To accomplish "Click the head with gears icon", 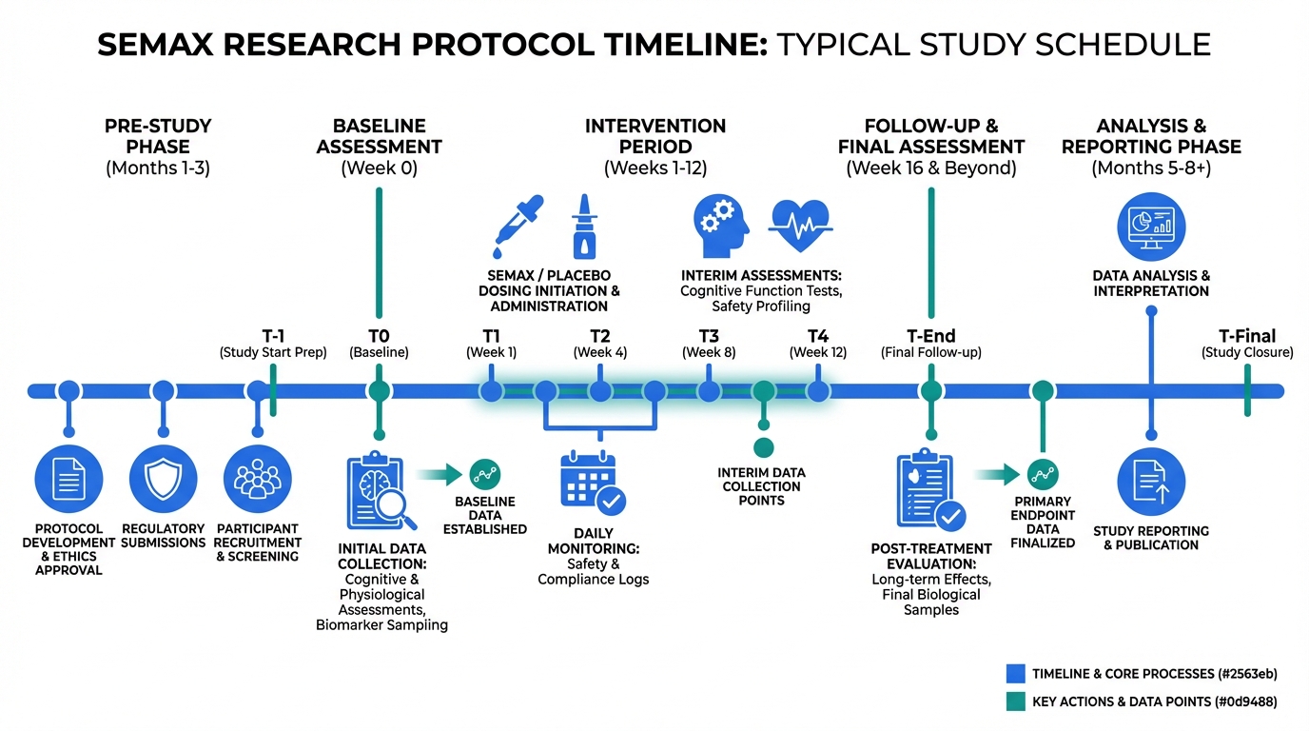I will click(720, 226).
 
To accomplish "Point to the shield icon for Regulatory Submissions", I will click(163, 480).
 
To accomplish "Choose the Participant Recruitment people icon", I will click(257, 480).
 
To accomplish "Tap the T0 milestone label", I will click(379, 336).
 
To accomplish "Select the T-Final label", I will click(1247, 336).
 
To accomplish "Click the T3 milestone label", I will click(709, 336).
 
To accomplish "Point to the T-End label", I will click(930, 336).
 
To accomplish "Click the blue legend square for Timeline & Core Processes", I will click(1015, 674).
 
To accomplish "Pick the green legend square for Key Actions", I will click(1015, 702).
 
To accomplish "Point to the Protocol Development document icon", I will click(68, 480).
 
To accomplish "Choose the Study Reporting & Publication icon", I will click(1151, 481).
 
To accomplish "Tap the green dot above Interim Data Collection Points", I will click(763, 446).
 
